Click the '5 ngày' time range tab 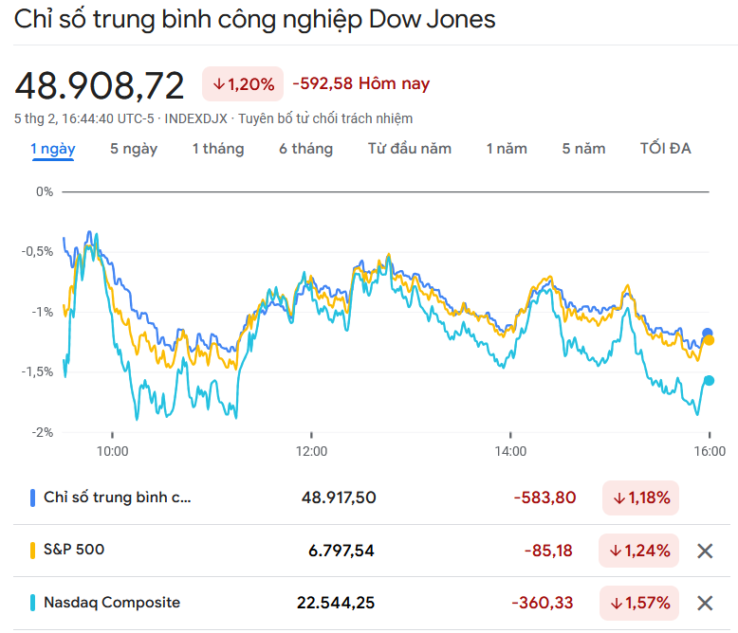pyautogui.click(x=134, y=149)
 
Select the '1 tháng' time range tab pyautogui.click(x=217, y=149)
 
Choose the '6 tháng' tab pyautogui.click(x=305, y=149)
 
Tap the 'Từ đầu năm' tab pyautogui.click(x=410, y=149)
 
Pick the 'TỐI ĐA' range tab pyautogui.click(x=665, y=149)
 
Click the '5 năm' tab pyautogui.click(x=583, y=149)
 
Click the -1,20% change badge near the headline pyautogui.click(x=243, y=84)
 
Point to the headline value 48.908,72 pyautogui.click(x=100, y=85)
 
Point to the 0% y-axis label pyautogui.click(x=45, y=191)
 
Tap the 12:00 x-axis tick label pyautogui.click(x=311, y=451)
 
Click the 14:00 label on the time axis pyautogui.click(x=510, y=451)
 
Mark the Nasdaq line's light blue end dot pyautogui.click(x=709, y=381)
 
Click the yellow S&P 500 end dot pyautogui.click(x=709, y=340)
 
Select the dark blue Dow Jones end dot pyautogui.click(x=707, y=333)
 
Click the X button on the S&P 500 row pyautogui.click(x=705, y=551)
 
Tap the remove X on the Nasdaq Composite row pyautogui.click(x=705, y=603)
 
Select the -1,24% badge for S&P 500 pyautogui.click(x=638, y=551)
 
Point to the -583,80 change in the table pyautogui.click(x=544, y=497)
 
